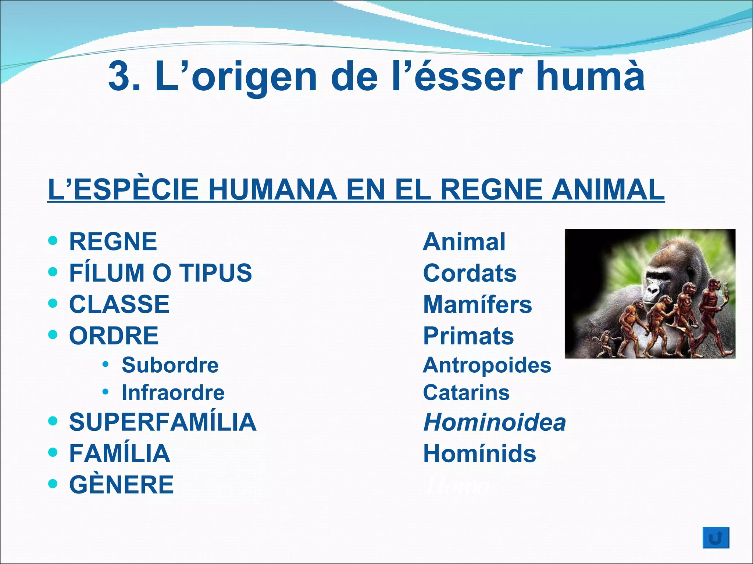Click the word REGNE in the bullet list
click(x=113, y=242)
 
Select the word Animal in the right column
click(x=464, y=242)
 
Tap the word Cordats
click(x=470, y=273)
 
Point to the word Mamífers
click(x=478, y=305)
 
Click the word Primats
click(x=468, y=336)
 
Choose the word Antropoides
click(x=487, y=365)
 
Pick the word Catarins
click(x=466, y=393)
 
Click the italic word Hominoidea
click(x=495, y=422)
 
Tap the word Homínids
click(x=479, y=454)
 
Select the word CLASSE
click(x=119, y=304)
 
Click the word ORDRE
click(x=114, y=336)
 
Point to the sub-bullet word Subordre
click(x=170, y=365)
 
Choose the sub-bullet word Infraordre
click(x=173, y=393)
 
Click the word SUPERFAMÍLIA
click(x=163, y=422)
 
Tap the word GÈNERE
click(x=122, y=485)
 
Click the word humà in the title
click(x=590, y=76)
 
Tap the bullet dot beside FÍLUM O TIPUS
click(x=53, y=272)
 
